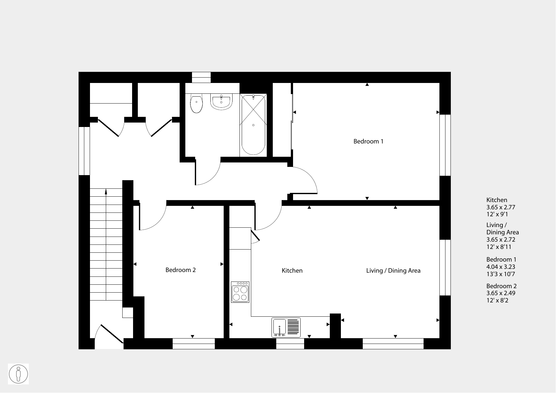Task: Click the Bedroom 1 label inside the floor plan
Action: coord(368,142)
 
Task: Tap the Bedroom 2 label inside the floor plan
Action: coord(181,270)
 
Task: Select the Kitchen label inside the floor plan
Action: coord(292,271)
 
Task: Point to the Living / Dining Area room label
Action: coord(393,271)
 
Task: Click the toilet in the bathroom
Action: coord(196,103)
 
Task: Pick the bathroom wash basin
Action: coord(222,102)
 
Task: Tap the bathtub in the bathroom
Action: coord(253,125)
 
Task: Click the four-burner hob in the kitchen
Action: coord(240,292)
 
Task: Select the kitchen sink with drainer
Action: coord(286,327)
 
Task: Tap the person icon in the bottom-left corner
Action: coord(18,374)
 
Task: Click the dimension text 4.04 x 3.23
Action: coord(501,267)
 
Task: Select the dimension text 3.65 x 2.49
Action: coord(501,293)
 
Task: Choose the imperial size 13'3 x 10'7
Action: coord(501,274)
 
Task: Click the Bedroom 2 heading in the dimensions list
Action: coord(502,286)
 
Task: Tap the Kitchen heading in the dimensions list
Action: coord(497,200)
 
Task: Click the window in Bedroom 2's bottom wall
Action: coord(194,344)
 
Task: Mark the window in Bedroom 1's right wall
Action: coord(445,145)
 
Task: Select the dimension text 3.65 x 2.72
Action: coord(501,240)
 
